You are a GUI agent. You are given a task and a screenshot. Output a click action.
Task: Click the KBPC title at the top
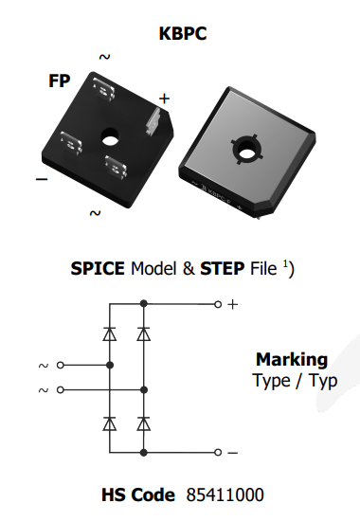(183, 33)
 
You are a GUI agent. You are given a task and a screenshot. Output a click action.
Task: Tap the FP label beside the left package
(60, 81)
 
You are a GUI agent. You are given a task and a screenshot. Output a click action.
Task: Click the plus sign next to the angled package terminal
(164, 99)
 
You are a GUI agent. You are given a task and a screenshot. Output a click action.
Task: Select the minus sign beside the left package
(42, 179)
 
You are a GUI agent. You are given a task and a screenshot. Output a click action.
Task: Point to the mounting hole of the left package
(110, 137)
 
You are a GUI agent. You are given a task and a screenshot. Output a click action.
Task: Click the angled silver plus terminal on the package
(153, 122)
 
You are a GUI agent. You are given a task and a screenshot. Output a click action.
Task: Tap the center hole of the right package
(245, 153)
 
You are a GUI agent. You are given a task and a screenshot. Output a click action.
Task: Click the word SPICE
(98, 268)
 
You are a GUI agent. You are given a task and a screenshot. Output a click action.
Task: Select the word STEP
(222, 268)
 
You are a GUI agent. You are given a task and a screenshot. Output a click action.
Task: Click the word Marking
(292, 360)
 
